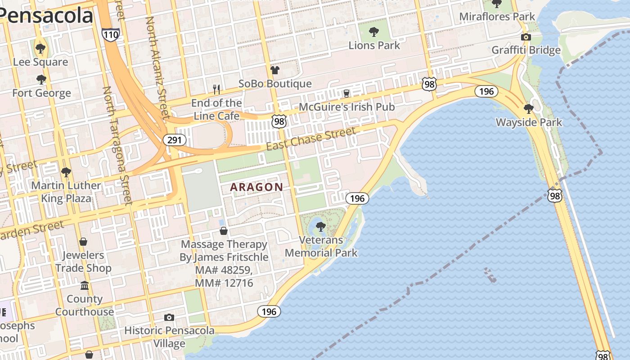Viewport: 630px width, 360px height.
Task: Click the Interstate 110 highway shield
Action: coord(110,34)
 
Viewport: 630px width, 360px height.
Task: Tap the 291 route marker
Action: coord(174,140)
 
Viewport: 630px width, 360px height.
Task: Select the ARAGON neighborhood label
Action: coord(256,187)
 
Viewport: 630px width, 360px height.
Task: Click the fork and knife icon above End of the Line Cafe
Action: coord(216,90)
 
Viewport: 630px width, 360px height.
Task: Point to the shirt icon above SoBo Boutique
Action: coord(274,70)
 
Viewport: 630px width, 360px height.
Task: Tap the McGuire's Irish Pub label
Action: coord(346,107)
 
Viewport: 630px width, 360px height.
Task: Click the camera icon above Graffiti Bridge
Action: coord(526,37)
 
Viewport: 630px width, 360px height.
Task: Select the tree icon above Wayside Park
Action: coord(529,108)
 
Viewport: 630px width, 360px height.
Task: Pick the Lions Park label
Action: coord(374,45)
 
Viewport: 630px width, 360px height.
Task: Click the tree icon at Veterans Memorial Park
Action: coord(320,226)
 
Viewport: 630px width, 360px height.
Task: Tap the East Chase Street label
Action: coord(310,139)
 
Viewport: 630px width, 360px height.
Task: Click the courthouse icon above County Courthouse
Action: coord(84,286)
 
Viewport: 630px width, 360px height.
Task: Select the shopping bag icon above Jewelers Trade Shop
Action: coord(83,242)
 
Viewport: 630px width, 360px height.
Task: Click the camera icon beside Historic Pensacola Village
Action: coord(169,317)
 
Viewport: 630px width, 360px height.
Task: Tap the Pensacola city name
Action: coord(47,15)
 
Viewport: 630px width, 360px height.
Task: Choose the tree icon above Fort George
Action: coord(41,80)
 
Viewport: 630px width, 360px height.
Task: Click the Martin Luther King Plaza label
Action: coord(66,192)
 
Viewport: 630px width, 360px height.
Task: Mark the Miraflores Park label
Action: coord(497,17)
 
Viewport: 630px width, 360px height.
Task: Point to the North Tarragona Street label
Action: coord(117,144)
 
